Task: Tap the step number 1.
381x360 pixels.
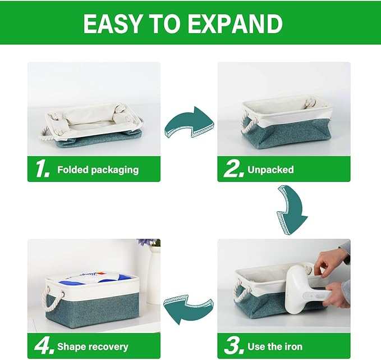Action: (43, 170)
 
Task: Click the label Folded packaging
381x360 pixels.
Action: (98, 170)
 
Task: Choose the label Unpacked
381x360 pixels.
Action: (270, 170)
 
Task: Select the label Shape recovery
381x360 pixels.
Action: (93, 347)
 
